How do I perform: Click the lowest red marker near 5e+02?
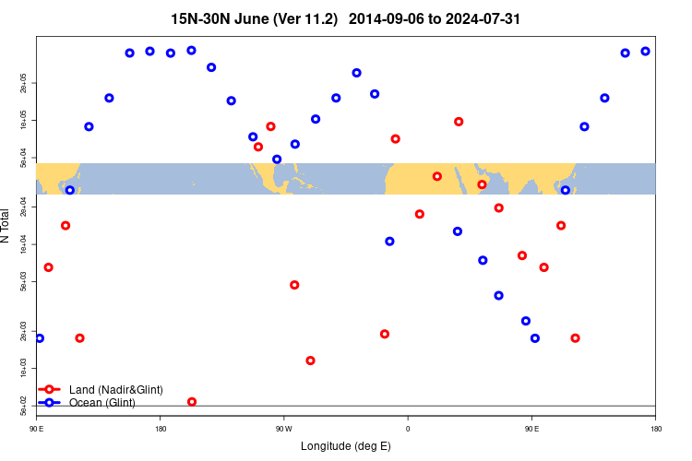click(192, 401)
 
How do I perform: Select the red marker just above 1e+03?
click(310, 361)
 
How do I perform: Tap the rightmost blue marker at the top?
click(645, 52)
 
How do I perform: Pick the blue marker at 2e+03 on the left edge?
click(40, 338)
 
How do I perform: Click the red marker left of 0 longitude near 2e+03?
click(385, 334)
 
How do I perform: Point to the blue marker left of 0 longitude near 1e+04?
click(389, 242)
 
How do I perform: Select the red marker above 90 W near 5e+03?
click(294, 285)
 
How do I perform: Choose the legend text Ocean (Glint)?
click(102, 403)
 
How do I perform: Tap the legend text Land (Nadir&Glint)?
click(116, 390)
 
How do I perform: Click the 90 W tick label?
click(283, 429)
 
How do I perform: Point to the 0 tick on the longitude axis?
click(407, 429)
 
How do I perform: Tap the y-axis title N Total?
click(6, 225)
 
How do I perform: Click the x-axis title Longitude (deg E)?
click(346, 446)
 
